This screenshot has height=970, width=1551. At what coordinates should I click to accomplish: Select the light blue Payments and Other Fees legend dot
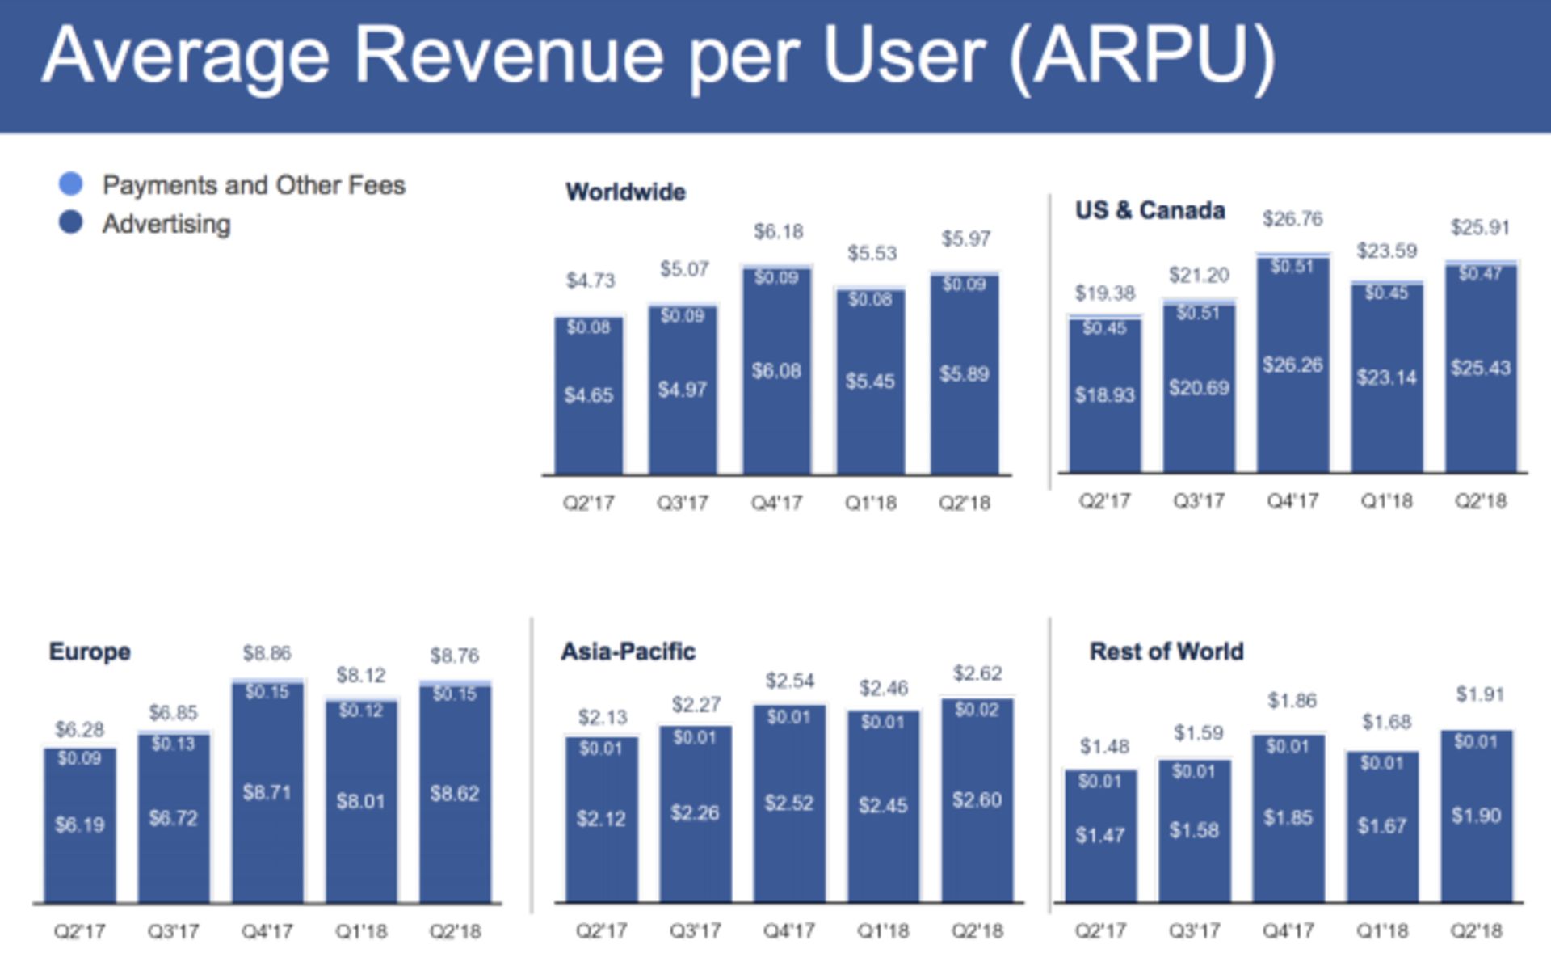[71, 184]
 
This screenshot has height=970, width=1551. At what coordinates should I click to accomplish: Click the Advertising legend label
[166, 224]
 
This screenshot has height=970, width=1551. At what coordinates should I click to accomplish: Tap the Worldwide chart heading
[625, 192]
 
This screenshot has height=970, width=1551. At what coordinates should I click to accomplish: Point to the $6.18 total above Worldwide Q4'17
[778, 232]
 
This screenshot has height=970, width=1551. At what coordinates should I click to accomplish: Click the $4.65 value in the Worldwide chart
[588, 395]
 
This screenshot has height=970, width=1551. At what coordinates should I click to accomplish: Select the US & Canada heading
[1150, 211]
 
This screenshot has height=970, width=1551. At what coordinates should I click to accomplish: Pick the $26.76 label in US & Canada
[1292, 219]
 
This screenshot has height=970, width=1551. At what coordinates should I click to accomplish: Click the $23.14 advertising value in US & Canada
[1386, 377]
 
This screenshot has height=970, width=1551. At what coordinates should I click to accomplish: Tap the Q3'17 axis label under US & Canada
[1198, 501]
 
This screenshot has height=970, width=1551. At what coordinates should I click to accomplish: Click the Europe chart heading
[90, 652]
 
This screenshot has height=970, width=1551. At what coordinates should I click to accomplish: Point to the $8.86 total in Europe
[267, 653]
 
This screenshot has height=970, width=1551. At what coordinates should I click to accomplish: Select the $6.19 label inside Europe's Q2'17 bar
[79, 824]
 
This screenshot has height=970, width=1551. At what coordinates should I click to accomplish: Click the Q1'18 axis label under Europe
[361, 931]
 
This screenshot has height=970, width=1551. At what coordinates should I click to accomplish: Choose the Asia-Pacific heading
[628, 652]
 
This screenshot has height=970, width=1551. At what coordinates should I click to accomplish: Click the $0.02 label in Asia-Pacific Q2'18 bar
[977, 710]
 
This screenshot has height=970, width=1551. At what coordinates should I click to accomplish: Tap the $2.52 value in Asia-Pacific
[788, 803]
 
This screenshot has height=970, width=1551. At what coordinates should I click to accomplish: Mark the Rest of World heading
[1166, 652]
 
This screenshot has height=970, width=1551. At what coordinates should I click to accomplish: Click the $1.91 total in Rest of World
[1479, 694]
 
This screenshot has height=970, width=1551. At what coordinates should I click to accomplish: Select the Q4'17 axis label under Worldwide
[776, 503]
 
